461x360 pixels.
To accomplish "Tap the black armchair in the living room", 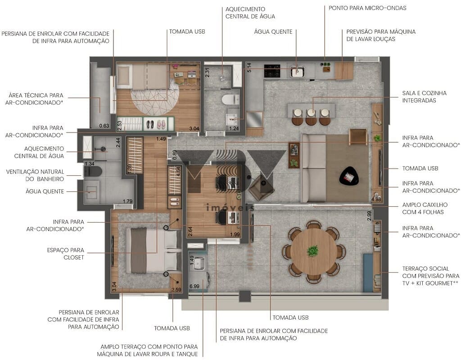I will tap(349, 176).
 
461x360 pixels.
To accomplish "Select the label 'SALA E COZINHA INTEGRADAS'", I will tap(425, 97).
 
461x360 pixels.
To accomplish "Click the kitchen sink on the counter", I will tap(297, 71).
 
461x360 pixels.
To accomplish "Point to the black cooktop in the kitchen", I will tap(272, 71).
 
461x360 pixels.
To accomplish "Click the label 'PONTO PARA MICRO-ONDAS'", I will tap(367, 8).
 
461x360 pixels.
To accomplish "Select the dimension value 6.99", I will tap(194, 286).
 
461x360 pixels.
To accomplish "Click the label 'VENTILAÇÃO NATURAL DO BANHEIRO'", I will tap(35, 175).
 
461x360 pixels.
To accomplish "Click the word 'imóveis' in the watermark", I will tap(230, 207).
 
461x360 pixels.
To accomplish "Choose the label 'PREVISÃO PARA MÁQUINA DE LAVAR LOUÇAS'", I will tap(381, 36).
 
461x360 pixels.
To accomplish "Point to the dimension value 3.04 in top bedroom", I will tap(194, 129).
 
